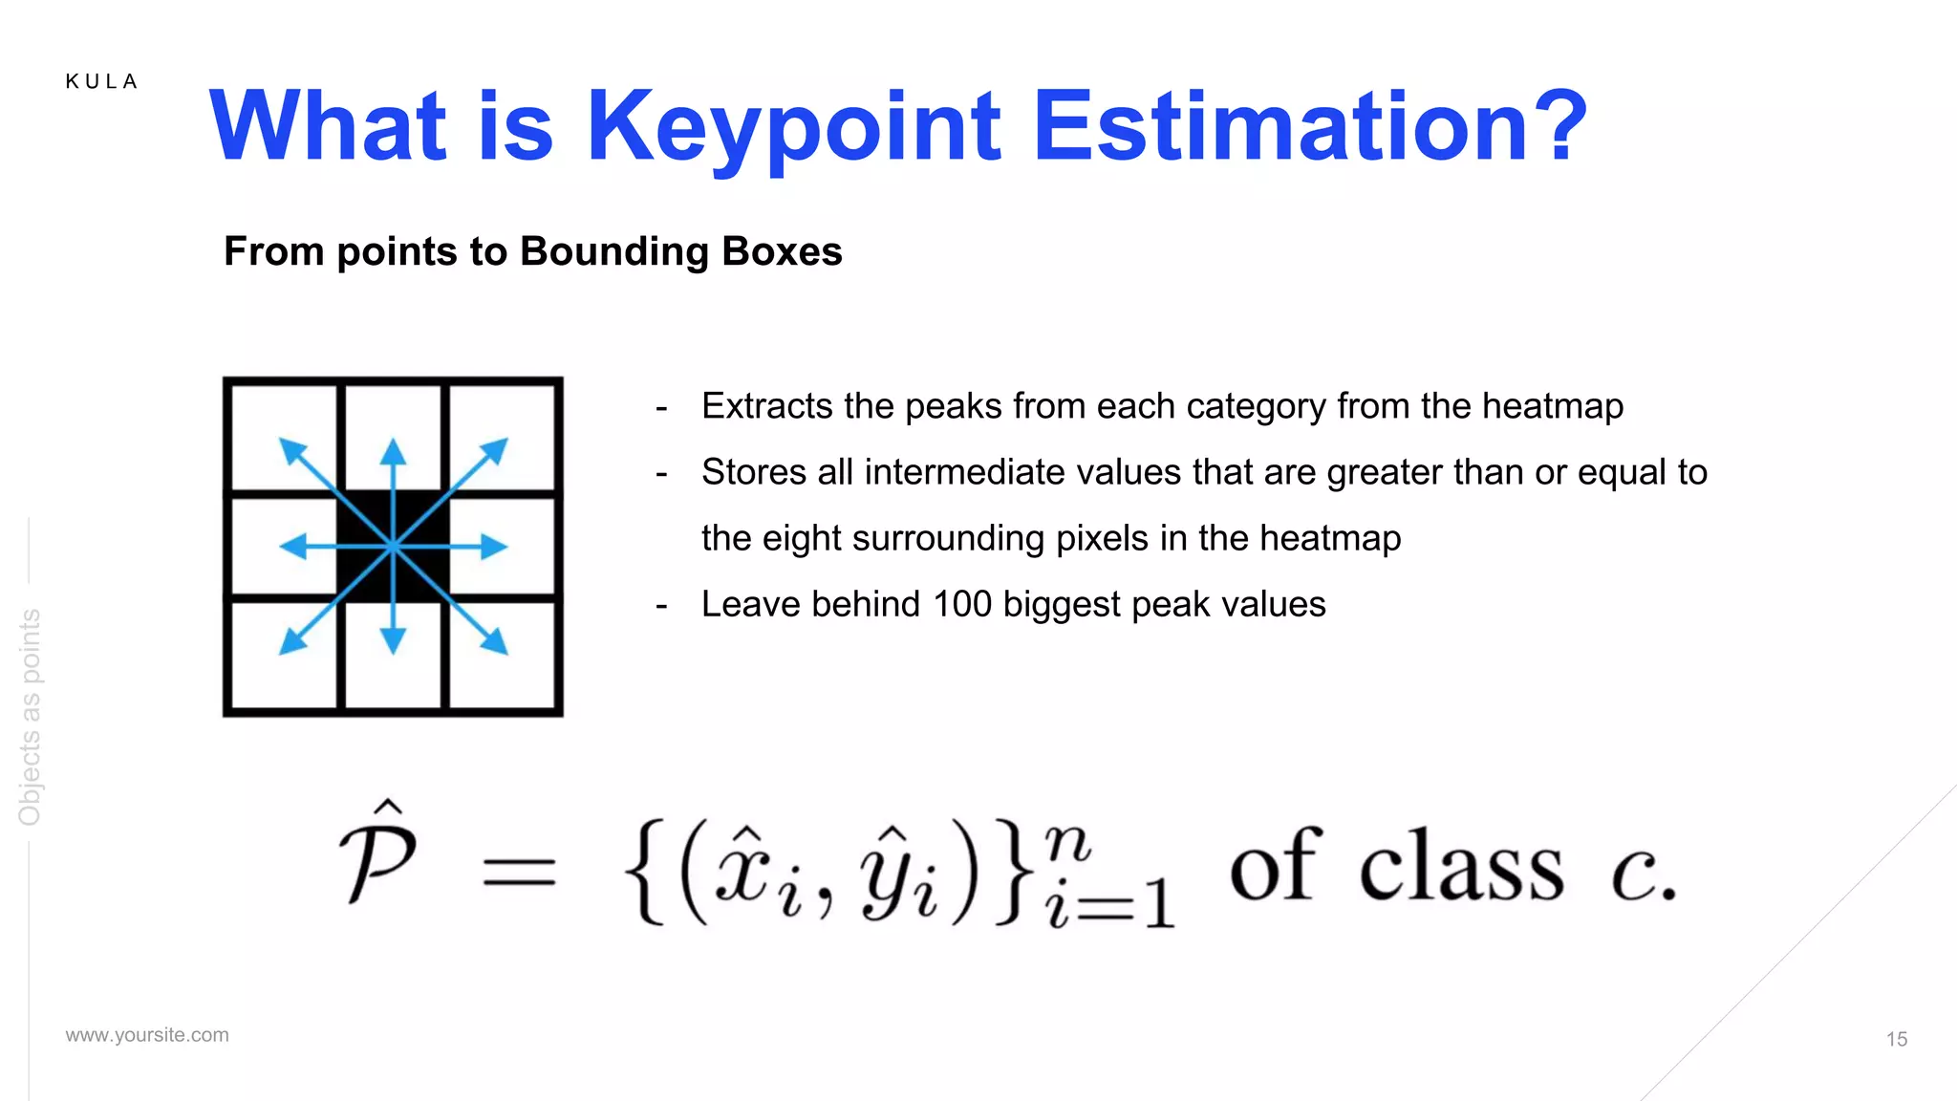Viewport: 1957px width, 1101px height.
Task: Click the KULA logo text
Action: [x=101, y=82]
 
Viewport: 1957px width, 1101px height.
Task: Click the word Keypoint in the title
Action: [x=793, y=128]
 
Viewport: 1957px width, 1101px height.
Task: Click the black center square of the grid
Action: [x=393, y=547]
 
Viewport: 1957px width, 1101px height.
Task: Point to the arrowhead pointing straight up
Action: [x=393, y=450]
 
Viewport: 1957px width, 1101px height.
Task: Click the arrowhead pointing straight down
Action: [x=393, y=641]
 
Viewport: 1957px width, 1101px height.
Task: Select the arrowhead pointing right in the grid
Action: [x=493, y=547]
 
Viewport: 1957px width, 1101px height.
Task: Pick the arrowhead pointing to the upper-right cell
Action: [x=495, y=450]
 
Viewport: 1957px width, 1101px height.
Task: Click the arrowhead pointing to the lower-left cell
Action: [x=291, y=642]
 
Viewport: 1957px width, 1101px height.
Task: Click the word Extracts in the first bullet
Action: [x=766, y=406]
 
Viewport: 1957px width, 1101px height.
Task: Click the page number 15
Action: [x=1896, y=1039]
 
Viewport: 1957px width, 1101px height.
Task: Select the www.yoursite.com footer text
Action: [x=147, y=1035]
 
